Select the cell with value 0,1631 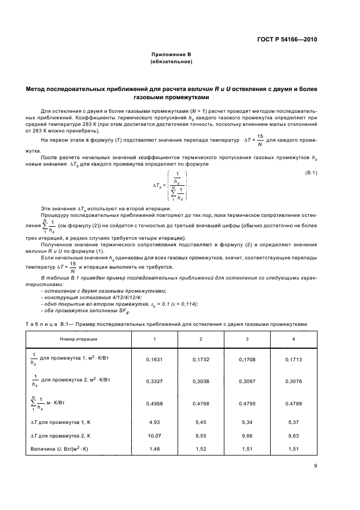click(154, 360)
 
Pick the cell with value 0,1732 click(201, 360)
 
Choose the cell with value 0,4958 click(154, 403)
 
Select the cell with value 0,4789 click(294, 403)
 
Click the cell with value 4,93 click(154, 422)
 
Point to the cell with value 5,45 click(201, 422)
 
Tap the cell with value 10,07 click(154, 436)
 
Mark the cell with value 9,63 click(294, 436)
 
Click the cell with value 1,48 click(154, 450)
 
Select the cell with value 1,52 click(201, 450)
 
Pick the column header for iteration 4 click(294, 339)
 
